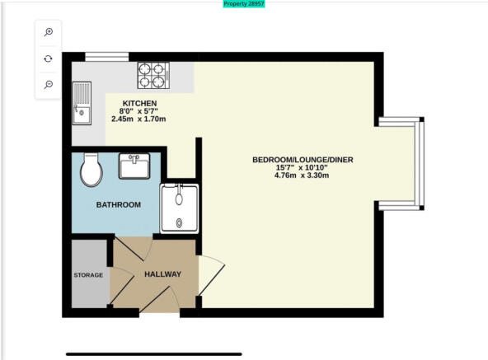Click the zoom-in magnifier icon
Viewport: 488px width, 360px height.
pyautogui.click(x=49, y=32)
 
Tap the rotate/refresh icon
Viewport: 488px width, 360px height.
pyautogui.click(x=49, y=58)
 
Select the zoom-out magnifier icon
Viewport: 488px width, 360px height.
pyautogui.click(x=49, y=84)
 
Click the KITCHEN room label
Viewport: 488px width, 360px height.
pyautogui.click(x=139, y=103)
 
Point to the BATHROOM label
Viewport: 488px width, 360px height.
pyautogui.click(x=119, y=205)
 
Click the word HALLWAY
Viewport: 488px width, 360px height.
pyautogui.click(x=162, y=274)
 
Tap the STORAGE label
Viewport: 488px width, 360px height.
pyautogui.click(x=88, y=275)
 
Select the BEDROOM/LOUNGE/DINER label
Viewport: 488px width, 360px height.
pyautogui.click(x=303, y=160)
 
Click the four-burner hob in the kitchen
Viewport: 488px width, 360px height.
pyautogui.click(x=153, y=75)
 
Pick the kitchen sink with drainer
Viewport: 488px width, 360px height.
pyautogui.click(x=82, y=103)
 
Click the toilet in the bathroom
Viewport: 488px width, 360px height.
pyautogui.click(x=91, y=170)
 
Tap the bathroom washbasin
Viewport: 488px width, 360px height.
pyautogui.click(x=134, y=166)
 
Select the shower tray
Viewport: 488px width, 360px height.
pyautogui.click(x=179, y=208)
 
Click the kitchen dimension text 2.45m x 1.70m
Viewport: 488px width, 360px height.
pyautogui.click(x=138, y=119)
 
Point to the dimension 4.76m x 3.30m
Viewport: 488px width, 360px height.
pyautogui.click(x=302, y=175)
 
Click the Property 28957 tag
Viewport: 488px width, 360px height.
pyautogui.click(x=244, y=4)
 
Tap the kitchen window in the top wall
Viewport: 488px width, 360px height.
pyautogui.click(x=107, y=57)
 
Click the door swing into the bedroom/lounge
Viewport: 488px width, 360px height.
pyautogui.click(x=211, y=275)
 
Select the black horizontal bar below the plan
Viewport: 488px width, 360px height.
pyautogui.click(x=154, y=354)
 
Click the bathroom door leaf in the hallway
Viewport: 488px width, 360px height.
pyautogui.click(x=129, y=249)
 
